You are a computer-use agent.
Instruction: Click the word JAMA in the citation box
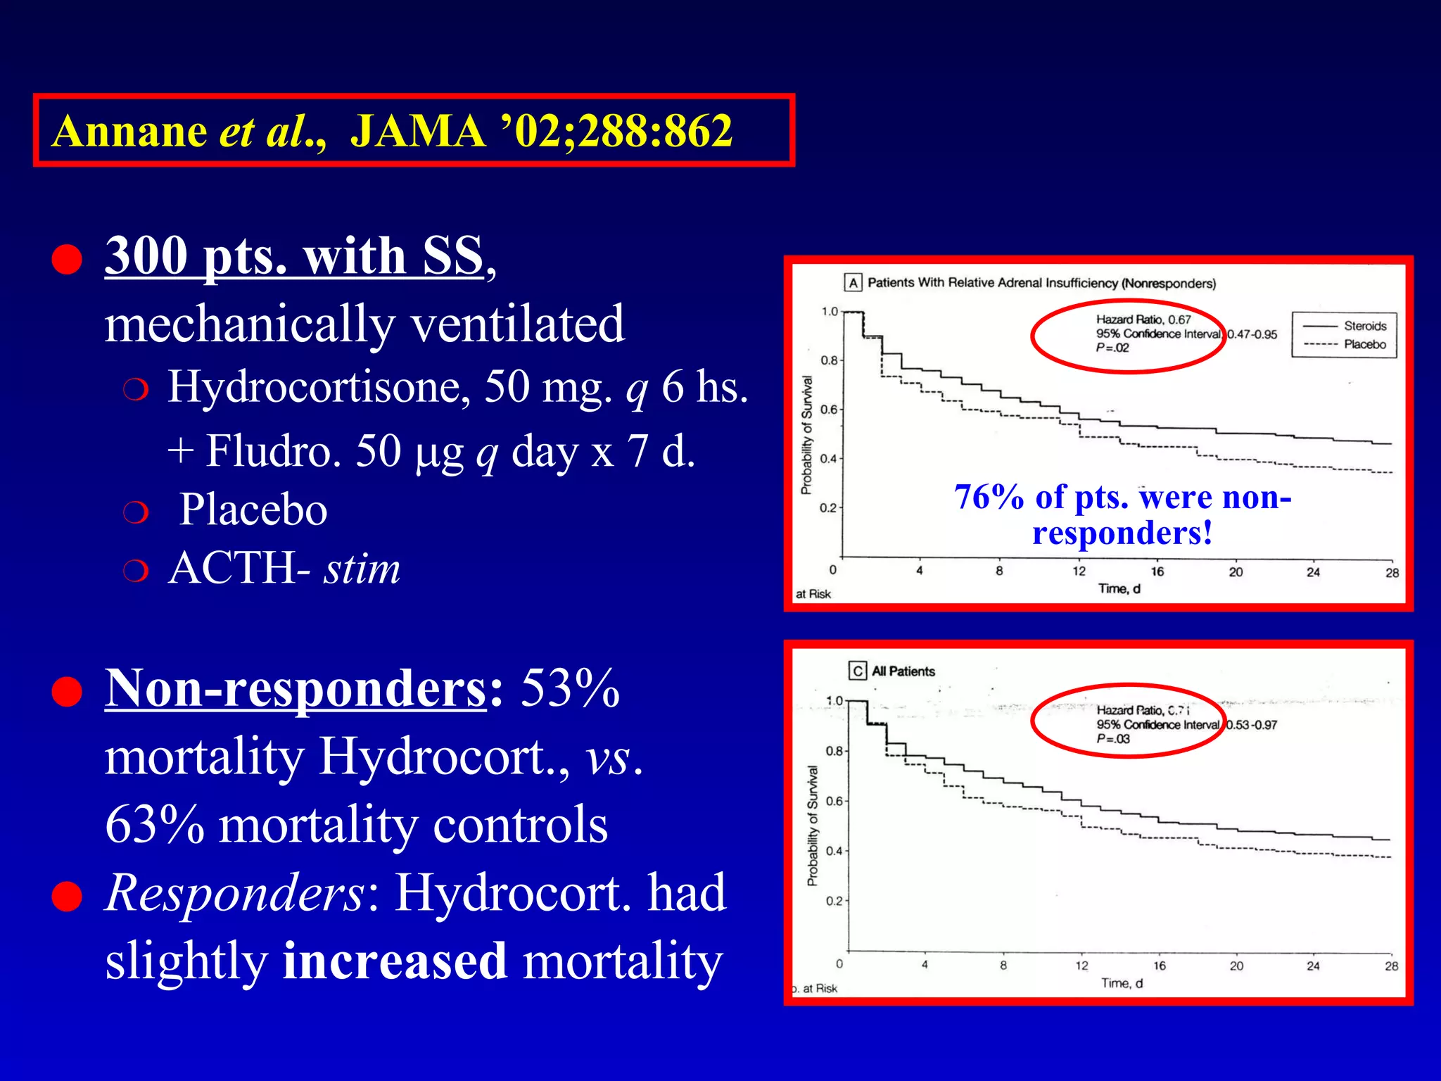pos(417,131)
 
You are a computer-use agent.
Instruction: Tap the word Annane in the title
pos(129,131)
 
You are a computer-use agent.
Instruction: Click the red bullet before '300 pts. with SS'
pos(67,259)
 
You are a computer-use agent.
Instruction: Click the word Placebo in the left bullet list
pos(253,510)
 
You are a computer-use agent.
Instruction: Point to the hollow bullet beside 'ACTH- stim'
pos(135,571)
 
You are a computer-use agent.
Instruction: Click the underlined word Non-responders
pos(296,688)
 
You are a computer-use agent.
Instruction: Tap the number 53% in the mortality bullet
pos(570,688)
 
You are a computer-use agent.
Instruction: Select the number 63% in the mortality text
pos(155,825)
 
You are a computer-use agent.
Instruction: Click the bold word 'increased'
pos(394,961)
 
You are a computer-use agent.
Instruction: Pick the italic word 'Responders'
pos(234,893)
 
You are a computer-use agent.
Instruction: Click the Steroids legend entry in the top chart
pos(1364,326)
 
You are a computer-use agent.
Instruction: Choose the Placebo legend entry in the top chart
pos(1364,344)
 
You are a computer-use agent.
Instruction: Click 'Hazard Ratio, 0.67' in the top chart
pos(1143,320)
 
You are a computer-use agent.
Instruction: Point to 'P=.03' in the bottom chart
pos(1113,739)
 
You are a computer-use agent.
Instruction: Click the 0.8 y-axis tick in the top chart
pos(830,360)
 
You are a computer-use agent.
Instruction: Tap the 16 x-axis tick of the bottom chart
pos(1159,966)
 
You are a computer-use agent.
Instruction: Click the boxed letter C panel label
pos(858,671)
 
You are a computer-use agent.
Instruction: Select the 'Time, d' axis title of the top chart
pos(1119,588)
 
